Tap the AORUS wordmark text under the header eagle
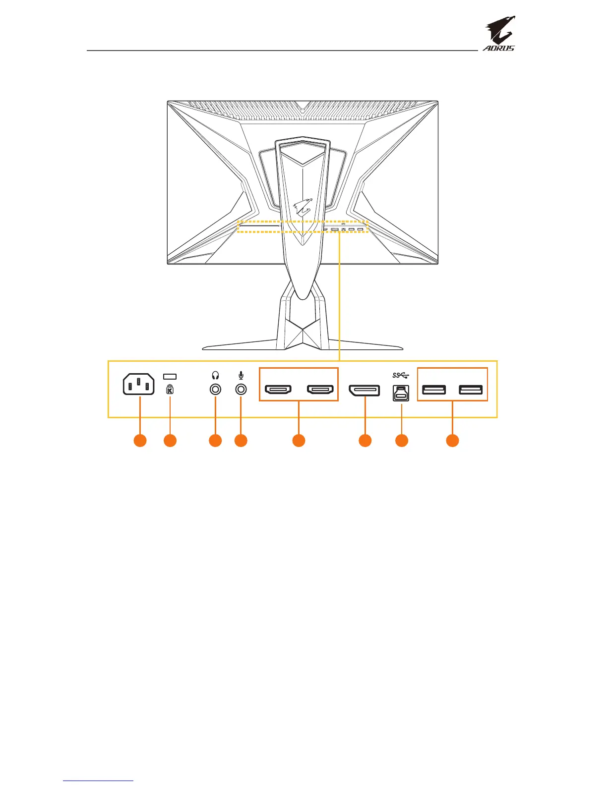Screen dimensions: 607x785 tap(499, 48)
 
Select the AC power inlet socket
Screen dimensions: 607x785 tap(139, 385)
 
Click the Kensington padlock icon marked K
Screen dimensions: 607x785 tap(170, 389)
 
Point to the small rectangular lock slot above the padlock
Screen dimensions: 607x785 tap(170, 377)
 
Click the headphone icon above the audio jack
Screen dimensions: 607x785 tap(215, 376)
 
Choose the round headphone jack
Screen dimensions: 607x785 tap(215, 390)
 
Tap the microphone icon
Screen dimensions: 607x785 tap(241, 376)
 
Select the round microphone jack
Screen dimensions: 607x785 tap(241, 390)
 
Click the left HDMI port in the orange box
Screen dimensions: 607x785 tap(278, 390)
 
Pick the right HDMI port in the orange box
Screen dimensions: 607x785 tap(320, 390)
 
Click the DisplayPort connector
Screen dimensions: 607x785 tap(364, 390)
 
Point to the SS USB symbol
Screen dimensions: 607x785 tap(401, 376)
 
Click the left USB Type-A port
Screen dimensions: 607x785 tap(434, 390)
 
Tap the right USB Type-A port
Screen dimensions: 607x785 tap(471, 390)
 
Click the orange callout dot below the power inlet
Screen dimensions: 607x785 tap(140, 441)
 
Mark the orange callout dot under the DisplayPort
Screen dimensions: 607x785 tap(365, 441)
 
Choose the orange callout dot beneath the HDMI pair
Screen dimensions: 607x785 tap(299, 441)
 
